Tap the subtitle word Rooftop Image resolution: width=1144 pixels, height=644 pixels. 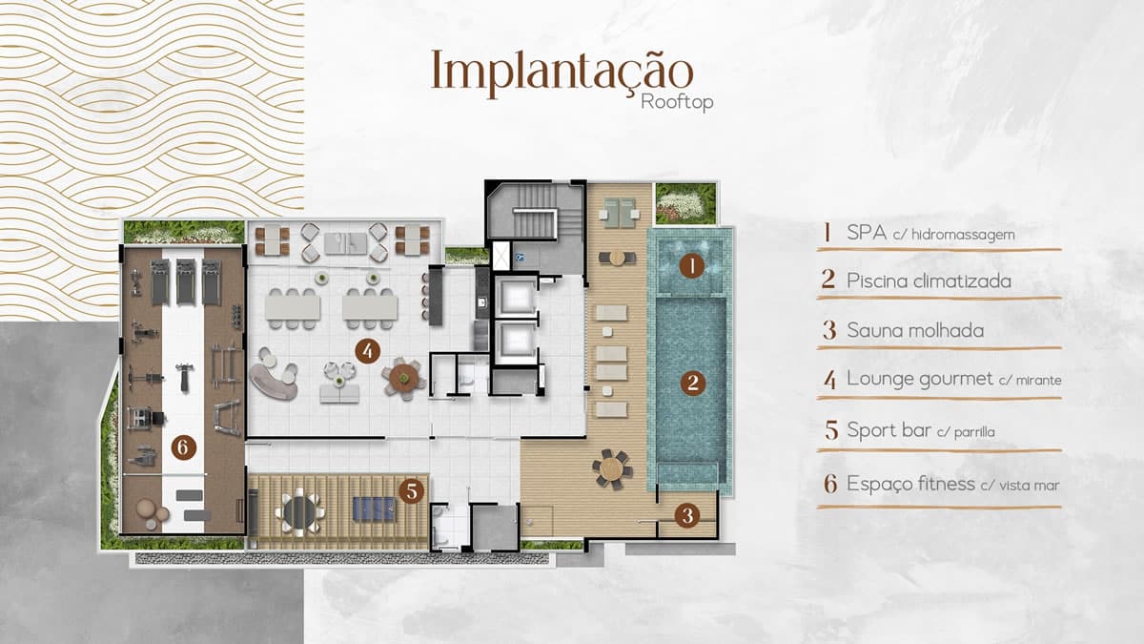point(677,102)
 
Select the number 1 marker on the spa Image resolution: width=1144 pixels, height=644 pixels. point(692,266)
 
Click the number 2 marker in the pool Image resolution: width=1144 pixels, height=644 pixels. point(693,383)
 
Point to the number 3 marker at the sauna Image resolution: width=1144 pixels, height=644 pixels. point(687,516)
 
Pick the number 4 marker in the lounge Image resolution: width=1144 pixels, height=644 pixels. point(367,351)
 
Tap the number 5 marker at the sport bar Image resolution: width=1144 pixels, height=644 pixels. point(412,491)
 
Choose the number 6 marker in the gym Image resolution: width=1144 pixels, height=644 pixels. point(183,447)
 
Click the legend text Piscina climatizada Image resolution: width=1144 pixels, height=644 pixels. point(929,280)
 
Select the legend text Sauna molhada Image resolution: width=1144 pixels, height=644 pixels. point(915,330)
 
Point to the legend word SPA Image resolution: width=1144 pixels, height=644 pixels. point(867,233)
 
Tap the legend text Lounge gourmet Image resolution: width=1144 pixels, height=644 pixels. point(920,379)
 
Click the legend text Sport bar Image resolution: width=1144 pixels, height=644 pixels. point(889,430)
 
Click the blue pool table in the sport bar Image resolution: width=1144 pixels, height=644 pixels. point(374,509)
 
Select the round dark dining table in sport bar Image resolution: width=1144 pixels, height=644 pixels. point(299,512)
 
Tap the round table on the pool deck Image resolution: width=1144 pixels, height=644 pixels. point(612,468)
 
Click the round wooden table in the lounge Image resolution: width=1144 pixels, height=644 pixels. point(403,379)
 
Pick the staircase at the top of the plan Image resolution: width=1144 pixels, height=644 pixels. point(535,211)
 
